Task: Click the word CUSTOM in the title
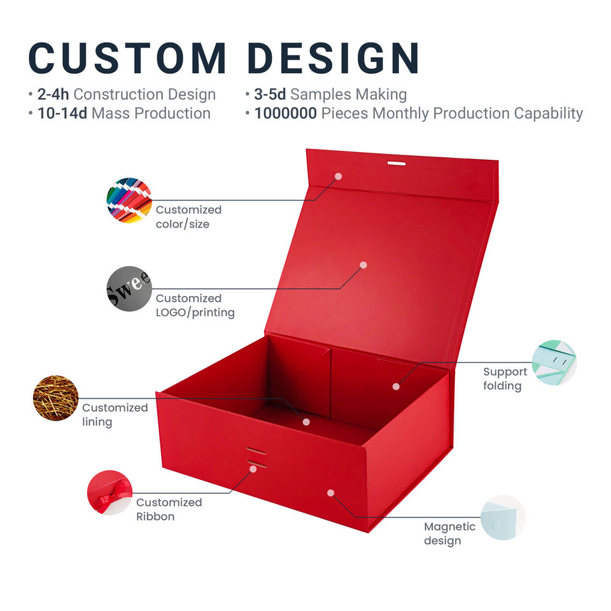click(x=127, y=59)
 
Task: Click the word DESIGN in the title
click(x=334, y=59)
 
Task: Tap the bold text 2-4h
click(x=53, y=94)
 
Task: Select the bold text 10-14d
click(x=62, y=113)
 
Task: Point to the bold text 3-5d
click(x=270, y=94)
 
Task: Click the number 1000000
click(x=286, y=113)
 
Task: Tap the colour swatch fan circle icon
click(x=129, y=200)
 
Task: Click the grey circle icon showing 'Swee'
click(x=129, y=289)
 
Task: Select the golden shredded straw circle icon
click(x=56, y=398)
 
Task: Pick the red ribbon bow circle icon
click(x=109, y=493)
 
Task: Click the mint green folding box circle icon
click(x=554, y=363)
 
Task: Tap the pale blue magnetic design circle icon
click(x=503, y=517)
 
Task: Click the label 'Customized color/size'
click(x=188, y=216)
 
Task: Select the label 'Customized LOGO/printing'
click(x=195, y=305)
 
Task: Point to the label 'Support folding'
click(x=505, y=379)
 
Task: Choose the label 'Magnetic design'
click(x=450, y=533)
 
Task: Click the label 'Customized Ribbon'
click(x=169, y=509)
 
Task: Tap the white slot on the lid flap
click(x=397, y=164)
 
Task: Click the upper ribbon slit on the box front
click(x=256, y=451)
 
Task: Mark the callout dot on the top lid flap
click(x=338, y=176)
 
